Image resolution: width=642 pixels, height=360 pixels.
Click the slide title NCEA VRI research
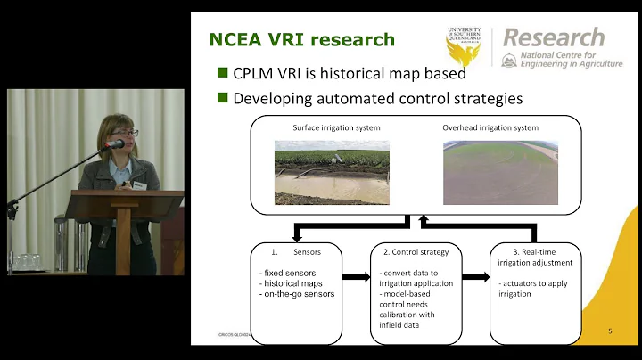300,40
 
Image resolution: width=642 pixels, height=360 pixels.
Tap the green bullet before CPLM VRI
222,73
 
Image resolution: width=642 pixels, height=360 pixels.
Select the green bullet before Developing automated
222,98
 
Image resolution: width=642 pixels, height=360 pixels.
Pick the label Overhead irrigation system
490,127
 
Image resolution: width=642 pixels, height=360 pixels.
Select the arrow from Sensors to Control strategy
355,277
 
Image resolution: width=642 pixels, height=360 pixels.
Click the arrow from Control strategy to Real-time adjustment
476,277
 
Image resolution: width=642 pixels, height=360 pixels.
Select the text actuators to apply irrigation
533,288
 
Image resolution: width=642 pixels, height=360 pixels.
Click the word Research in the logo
553,38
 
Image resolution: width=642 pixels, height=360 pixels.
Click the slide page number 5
609,331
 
